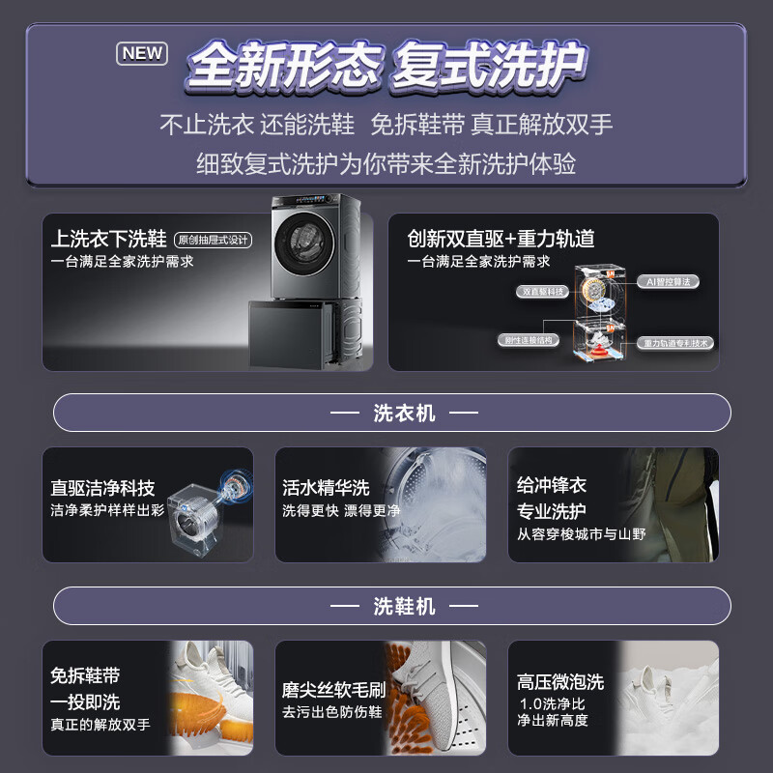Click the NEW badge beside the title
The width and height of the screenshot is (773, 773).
point(142,53)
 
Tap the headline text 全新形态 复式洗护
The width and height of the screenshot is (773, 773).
point(386,66)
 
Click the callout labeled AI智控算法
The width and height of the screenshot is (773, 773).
point(668,281)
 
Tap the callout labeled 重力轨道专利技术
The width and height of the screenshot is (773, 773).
point(676,343)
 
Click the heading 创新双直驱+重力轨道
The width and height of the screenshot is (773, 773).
point(501,239)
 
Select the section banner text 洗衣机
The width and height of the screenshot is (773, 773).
point(404,414)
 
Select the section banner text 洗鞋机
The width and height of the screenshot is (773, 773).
point(404,607)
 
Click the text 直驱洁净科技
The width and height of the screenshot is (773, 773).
point(102,488)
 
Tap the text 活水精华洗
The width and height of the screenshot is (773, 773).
point(326,488)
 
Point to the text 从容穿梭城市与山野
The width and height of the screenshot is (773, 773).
point(581,533)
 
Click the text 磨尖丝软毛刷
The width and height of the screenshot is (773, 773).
point(333,690)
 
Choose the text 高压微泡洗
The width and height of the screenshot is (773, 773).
point(560,681)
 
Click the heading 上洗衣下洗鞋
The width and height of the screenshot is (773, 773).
point(109,239)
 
